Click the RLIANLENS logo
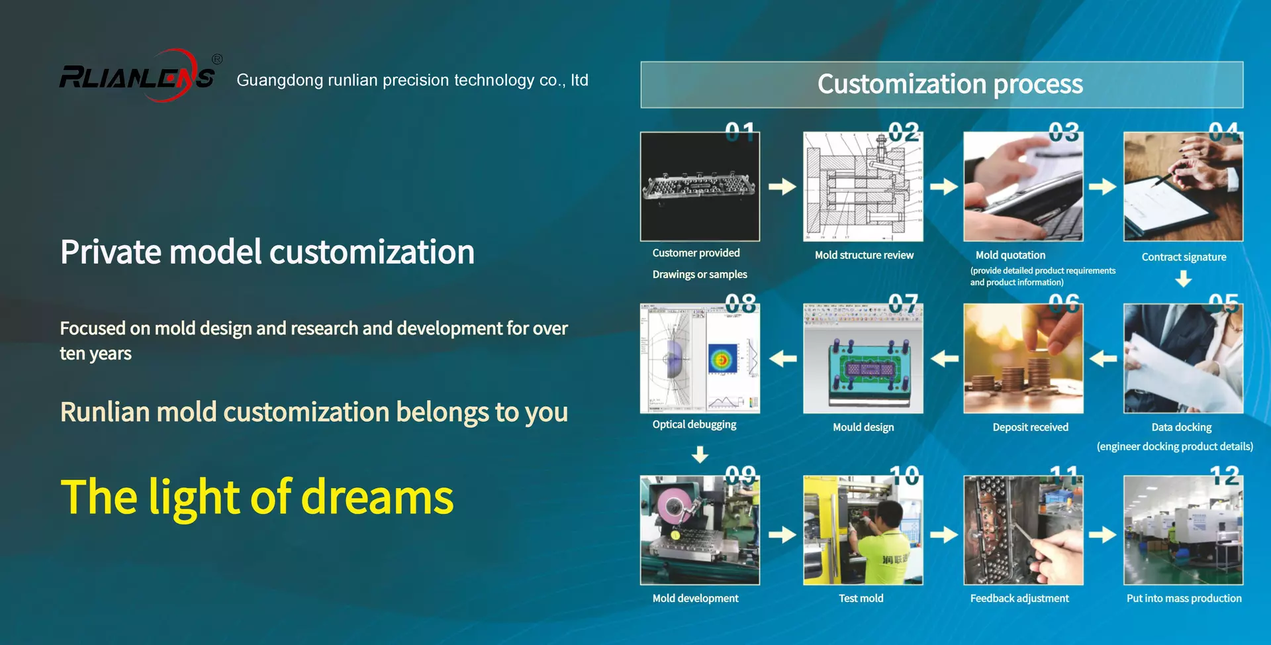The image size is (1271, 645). point(137,76)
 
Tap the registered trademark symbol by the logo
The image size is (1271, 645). point(217,59)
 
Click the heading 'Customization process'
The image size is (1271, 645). point(950,84)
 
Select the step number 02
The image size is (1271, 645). point(904,132)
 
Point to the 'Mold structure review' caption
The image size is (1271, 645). point(864,255)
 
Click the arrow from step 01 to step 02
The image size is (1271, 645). point(782,187)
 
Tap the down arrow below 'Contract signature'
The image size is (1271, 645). point(1184,279)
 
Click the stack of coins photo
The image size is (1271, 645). point(1023,358)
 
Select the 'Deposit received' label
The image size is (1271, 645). point(1030,427)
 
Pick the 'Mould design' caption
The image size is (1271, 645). point(863,427)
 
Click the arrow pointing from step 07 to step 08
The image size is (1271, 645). point(783,359)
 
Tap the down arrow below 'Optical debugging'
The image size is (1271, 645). point(700,454)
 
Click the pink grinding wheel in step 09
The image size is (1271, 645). point(675,507)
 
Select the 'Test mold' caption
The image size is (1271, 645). point(861,598)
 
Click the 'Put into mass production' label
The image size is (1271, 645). point(1184,598)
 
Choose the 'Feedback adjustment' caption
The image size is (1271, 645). point(1019,599)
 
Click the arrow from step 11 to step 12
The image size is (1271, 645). point(1103,534)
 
